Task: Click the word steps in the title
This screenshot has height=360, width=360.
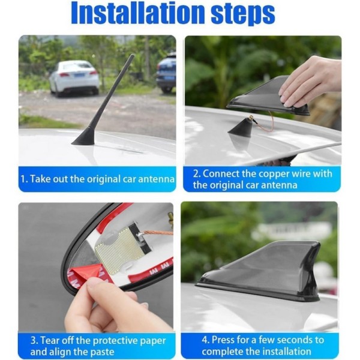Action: click(x=243, y=15)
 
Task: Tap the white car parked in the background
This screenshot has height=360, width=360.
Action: click(x=74, y=77)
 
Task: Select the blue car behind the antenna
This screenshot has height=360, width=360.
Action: click(x=166, y=73)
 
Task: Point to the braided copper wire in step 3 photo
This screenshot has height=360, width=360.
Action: click(x=158, y=233)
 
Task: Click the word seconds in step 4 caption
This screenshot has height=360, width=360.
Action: click(x=295, y=340)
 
